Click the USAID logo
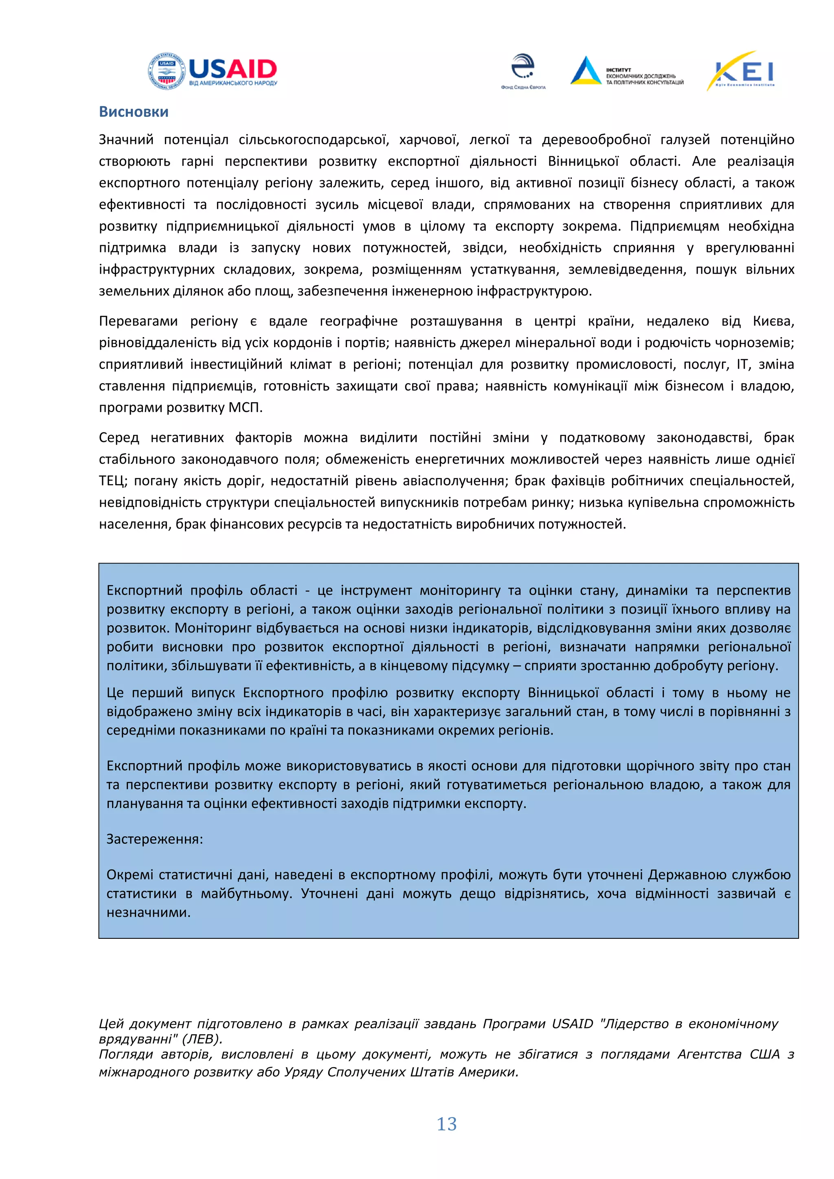point(213,72)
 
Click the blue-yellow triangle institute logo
point(586,70)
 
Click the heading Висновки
point(134,112)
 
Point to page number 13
point(446,1124)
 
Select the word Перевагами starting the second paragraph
point(138,322)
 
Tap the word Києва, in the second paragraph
point(773,322)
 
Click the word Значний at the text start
point(126,140)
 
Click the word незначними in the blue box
point(148,912)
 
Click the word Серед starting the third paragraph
point(119,438)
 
